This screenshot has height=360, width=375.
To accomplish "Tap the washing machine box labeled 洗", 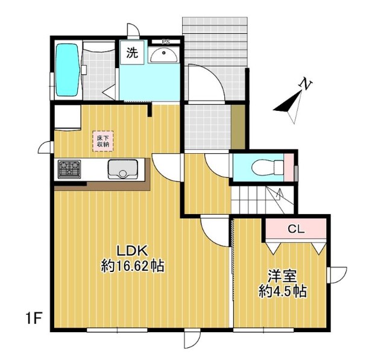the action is click(132, 52).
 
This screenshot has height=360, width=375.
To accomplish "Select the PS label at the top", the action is click(166, 42).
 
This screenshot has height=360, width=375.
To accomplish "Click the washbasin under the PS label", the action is click(164, 55).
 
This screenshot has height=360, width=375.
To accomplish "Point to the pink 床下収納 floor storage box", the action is click(103, 141).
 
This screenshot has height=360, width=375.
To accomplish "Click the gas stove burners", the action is click(69, 169).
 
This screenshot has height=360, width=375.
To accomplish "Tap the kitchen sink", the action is click(123, 169).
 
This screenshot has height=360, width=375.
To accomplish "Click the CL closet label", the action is click(296, 229).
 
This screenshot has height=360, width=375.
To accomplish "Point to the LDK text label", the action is click(131, 251).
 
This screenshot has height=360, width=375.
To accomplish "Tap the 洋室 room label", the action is click(282, 276).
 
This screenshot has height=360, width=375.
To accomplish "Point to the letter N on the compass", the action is click(306, 84).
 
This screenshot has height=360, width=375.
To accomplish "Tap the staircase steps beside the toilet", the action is click(262, 200).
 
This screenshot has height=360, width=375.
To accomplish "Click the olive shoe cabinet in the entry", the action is click(238, 127).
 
